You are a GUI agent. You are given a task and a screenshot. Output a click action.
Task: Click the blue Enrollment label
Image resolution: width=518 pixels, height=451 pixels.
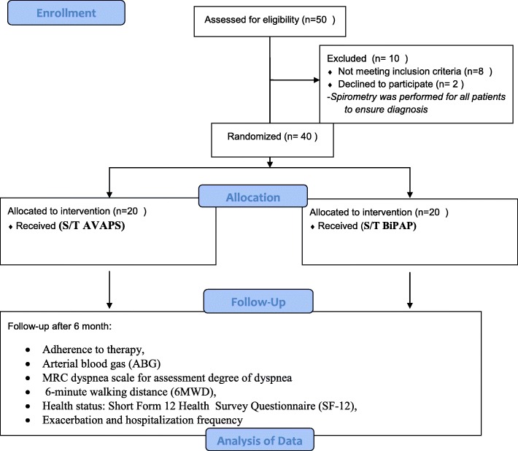[x=66, y=13]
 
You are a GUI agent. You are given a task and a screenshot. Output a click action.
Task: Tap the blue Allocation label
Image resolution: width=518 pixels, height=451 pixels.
[x=253, y=196]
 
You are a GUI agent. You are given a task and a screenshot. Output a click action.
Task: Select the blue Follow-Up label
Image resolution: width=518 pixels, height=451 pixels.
[x=258, y=301]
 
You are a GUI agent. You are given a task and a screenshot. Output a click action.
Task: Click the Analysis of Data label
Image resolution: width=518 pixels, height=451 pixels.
[x=260, y=440]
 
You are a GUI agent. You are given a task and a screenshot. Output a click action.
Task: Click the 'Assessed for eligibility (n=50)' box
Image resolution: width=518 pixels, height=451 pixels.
[x=270, y=21]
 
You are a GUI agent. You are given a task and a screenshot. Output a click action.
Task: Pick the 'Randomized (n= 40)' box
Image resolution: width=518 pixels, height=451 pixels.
[x=273, y=140]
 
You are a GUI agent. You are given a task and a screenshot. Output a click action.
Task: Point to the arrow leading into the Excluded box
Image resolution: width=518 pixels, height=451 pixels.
[x=295, y=80]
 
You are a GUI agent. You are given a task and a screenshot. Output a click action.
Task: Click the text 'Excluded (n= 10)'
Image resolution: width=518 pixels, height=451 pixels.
[x=368, y=58]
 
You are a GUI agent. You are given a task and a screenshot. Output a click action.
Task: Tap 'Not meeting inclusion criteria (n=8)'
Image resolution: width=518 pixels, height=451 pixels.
[x=415, y=72]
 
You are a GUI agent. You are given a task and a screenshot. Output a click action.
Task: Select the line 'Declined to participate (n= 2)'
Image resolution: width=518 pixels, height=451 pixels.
[x=401, y=84]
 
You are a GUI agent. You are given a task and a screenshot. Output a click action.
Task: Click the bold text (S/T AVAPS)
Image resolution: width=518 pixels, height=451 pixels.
[x=92, y=225]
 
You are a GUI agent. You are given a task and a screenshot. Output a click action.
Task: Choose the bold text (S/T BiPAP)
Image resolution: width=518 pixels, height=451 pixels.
[x=388, y=226]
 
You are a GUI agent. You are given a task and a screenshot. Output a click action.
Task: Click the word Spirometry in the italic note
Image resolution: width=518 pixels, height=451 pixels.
[x=349, y=97]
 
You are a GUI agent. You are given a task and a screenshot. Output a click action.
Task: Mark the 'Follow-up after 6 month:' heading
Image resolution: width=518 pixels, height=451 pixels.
[x=60, y=326]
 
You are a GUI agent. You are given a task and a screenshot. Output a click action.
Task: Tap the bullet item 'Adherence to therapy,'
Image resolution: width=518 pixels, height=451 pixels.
[x=93, y=350]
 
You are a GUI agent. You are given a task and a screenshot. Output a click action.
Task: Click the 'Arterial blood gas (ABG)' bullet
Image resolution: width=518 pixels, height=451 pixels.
[x=101, y=363]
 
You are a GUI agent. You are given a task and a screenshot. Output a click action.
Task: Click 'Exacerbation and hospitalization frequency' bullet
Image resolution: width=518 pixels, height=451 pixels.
[x=142, y=420]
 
